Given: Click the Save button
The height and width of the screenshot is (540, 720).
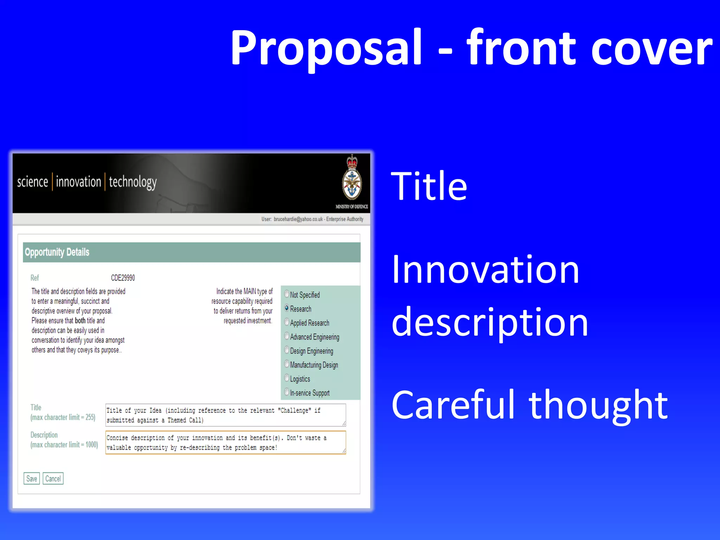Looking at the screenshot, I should pyautogui.click(x=32, y=478).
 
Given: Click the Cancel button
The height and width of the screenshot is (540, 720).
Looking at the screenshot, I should pyautogui.click(x=53, y=478).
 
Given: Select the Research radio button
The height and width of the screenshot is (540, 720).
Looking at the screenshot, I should pyautogui.click(x=287, y=308).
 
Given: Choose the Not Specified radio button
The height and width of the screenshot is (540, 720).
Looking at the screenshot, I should pyautogui.click(x=287, y=294).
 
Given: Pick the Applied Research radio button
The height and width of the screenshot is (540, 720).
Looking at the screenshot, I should pyautogui.click(x=287, y=322).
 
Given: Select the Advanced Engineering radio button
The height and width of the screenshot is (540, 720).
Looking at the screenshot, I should pyautogui.click(x=287, y=336).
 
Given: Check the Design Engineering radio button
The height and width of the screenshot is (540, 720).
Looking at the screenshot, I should pyautogui.click(x=287, y=351).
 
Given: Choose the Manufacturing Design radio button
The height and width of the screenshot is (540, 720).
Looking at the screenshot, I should pyautogui.click(x=287, y=364).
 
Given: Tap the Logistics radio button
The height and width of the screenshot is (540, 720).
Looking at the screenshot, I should pyautogui.click(x=287, y=378).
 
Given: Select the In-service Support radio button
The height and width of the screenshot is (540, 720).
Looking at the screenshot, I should pyautogui.click(x=287, y=392).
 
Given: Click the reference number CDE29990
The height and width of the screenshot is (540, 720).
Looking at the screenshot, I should pyautogui.click(x=123, y=278).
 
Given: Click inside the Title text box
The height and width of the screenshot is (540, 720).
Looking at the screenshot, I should pyautogui.click(x=225, y=415).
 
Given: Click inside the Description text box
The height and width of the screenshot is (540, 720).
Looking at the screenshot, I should pyautogui.click(x=225, y=443).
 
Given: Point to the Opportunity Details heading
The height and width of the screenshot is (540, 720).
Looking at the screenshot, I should pyautogui.click(x=57, y=252).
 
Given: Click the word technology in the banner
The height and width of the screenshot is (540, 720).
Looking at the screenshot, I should pyautogui.click(x=133, y=182).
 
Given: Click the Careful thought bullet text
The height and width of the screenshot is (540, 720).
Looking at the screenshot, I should pyautogui.click(x=529, y=405).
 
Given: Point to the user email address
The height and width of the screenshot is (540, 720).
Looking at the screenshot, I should pyautogui.click(x=298, y=219).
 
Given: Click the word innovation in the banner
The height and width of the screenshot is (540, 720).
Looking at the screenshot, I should pyautogui.click(x=78, y=182).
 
